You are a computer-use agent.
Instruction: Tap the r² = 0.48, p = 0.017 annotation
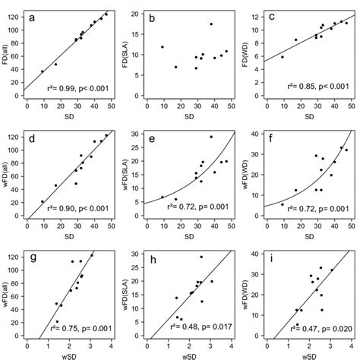coord(197,324)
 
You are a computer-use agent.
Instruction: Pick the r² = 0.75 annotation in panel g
coord(78,324)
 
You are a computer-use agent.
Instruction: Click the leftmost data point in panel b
coord(163,47)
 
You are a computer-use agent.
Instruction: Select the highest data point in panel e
coord(211,137)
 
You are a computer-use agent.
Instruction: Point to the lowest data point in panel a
coord(43,71)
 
